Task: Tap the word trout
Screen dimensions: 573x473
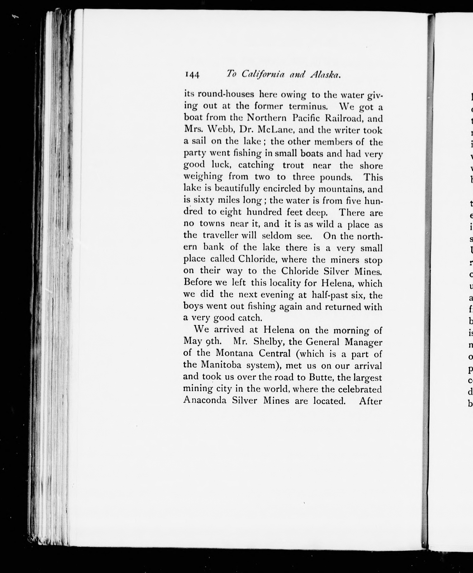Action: pyautogui.click(x=293, y=165)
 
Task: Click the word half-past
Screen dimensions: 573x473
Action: pyautogui.click(x=329, y=295)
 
